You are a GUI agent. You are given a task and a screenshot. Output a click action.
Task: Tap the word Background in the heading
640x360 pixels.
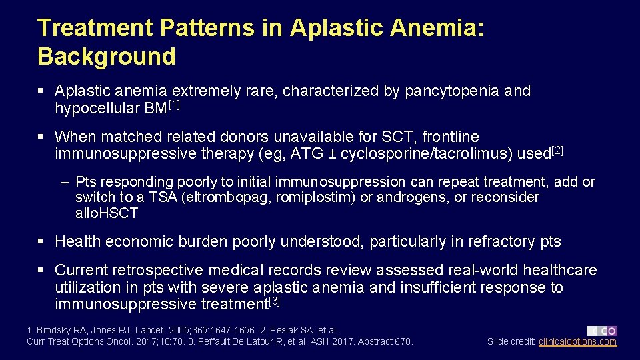(x=107, y=57)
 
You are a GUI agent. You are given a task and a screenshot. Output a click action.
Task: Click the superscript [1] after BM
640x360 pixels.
(x=174, y=105)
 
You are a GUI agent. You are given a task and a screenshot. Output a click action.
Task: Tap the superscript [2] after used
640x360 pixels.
(x=557, y=151)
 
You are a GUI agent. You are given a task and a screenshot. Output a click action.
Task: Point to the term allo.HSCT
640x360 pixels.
(x=107, y=214)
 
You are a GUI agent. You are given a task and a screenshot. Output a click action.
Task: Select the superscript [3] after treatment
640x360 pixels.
(x=274, y=301)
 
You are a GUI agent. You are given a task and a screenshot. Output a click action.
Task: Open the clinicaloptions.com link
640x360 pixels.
(x=577, y=342)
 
